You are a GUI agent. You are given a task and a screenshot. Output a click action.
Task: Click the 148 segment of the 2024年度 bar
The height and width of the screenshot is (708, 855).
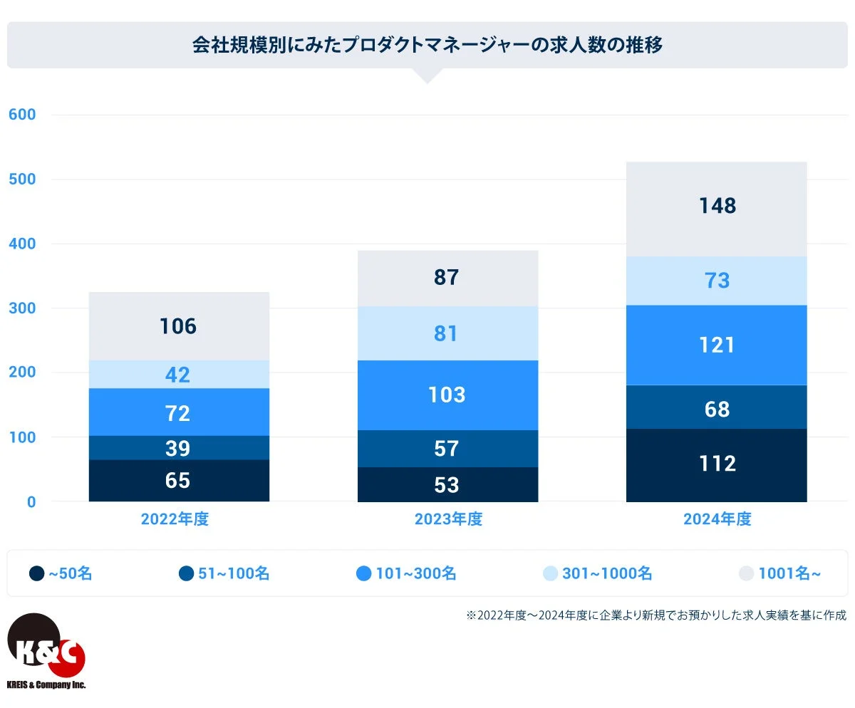tap(717, 207)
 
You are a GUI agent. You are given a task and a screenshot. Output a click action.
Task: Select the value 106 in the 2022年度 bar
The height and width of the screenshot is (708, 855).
tap(178, 326)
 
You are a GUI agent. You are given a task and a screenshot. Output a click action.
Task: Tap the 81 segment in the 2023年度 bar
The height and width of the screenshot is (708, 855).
tap(447, 333)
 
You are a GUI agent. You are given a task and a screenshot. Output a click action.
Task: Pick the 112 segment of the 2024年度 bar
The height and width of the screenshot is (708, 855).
tap(717, 464)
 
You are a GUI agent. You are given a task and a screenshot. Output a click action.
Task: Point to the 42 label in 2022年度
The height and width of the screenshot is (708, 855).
tap(178, 375)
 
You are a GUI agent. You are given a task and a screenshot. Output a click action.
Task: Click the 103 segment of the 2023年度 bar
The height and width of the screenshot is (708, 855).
tap(447, 395)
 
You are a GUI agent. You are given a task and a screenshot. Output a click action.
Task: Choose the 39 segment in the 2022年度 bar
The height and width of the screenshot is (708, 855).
tap(178, 448)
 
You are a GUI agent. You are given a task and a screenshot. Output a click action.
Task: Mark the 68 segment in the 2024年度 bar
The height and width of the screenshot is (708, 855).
tap(717, 409)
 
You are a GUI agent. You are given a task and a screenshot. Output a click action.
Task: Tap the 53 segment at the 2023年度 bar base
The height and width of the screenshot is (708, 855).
tap(447, 485)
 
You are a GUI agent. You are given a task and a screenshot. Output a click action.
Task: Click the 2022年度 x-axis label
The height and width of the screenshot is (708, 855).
tap(175, 519)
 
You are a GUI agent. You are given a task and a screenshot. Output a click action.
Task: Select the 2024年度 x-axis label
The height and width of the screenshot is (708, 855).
tap(717, 519)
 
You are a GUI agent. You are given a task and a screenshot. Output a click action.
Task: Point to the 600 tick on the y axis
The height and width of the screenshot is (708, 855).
tap(22, 115)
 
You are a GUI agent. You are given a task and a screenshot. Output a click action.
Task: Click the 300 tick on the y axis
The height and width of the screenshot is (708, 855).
tap(22, 308)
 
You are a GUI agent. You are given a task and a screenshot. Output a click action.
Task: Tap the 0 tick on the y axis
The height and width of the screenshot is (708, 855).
tap(31, 501)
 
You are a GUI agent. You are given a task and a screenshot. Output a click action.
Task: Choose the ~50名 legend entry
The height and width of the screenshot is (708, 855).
tap(61, 573)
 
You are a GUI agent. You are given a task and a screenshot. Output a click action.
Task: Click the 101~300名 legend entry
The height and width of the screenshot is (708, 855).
tap(406, 573)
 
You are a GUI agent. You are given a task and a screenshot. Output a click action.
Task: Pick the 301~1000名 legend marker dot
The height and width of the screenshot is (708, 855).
tap(549, 573)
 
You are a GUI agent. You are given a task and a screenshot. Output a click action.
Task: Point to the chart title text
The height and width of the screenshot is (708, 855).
tap(427, 45)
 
